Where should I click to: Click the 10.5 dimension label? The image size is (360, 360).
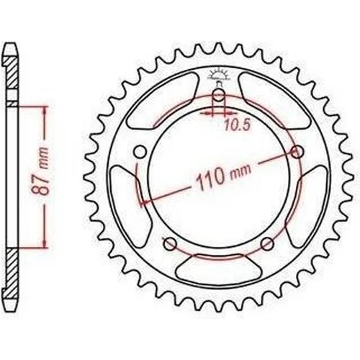pyautogui.click(x=238, y=125)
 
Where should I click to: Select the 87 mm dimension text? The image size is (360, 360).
pyautogui.click(x=40, y=171)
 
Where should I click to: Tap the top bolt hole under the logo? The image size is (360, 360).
pyautogui.click(x=218, y=96)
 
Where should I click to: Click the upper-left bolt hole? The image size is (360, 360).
pyautogui.click(x=140, y=152)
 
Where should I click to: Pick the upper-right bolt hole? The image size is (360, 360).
pyautogui.click(x=297, y=152)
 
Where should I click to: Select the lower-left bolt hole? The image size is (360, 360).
pyautogui.click(x=170, y=244)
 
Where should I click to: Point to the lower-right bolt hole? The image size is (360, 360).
pyautogui.click(x=267, y=244)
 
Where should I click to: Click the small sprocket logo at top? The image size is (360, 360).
pyautogui.click(x=218, y=75)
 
